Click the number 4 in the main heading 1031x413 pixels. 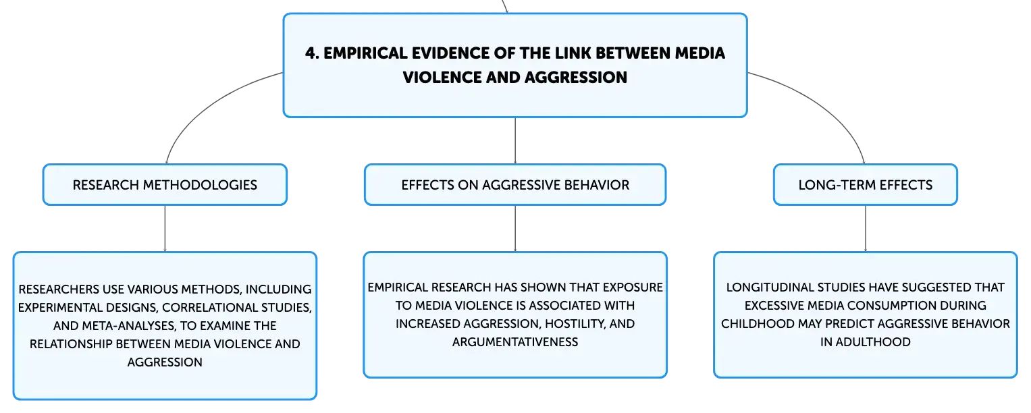point(310,54)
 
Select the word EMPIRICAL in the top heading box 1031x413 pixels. point(361,54)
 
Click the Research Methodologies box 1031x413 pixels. point(165,184)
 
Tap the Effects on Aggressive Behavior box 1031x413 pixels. point(515,184)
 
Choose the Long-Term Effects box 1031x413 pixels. point(865,184)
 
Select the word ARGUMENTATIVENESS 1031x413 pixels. point(515,341)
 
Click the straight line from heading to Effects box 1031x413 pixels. point(515,140)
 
